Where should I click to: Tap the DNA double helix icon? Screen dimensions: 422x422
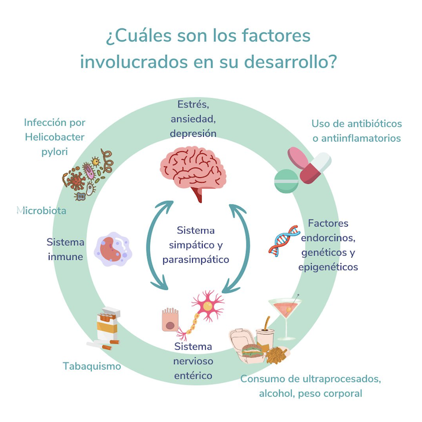click(284, 241)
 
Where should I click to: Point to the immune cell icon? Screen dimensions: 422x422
click(112, 249)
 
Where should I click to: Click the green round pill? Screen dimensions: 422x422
click(286, 180)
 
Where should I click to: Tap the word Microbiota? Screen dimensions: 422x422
click(42, 211)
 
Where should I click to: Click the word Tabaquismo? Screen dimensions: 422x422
click(92, 366)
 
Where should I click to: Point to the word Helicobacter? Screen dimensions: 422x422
click(55, 136)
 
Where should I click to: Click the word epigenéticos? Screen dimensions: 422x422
click(328, 266)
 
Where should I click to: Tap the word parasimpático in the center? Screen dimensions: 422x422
click(196, 260)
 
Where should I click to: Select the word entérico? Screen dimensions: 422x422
click(193, 375)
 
